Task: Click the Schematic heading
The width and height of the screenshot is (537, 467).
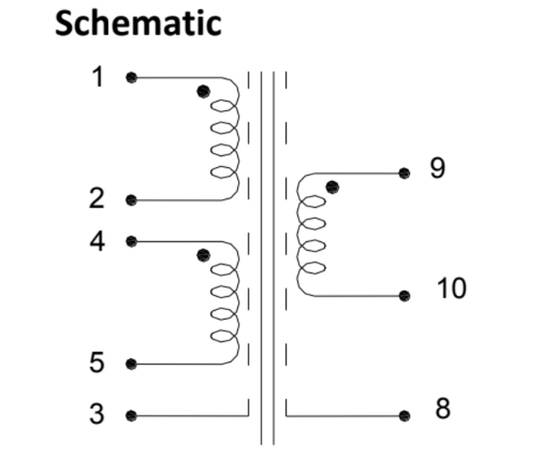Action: (x=138, y=22)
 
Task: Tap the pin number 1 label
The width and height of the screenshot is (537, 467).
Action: (x=98, y=77)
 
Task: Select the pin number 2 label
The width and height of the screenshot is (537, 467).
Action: (x=97, y=198)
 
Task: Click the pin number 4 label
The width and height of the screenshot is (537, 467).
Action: (x=97, y=241)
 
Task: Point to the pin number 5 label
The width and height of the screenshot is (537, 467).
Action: (x=97, y=362)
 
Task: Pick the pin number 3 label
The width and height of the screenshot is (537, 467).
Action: (x=97, y=413)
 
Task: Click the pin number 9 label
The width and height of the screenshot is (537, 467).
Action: (x=438, y=168)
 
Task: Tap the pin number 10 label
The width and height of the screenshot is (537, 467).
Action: (x=451, y=288)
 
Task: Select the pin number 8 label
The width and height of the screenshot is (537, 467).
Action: (x=443, y=408)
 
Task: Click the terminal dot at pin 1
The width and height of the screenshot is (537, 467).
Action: (x=131, y=78)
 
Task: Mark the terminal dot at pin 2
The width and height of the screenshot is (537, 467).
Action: (x=131, y=200)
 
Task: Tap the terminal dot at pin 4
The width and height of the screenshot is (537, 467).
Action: (x=131, y=241)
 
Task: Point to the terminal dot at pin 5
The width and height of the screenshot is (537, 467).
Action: (x=131, y=364)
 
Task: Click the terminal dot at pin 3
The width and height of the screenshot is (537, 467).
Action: (x=131, y=415)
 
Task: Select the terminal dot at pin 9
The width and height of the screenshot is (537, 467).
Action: (x=404, y=173)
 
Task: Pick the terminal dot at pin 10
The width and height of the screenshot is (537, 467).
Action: (x=404, y=295)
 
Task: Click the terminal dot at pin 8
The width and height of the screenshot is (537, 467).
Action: (x=404, y=415)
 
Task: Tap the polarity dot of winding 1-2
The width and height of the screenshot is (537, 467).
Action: (x=203, y=91)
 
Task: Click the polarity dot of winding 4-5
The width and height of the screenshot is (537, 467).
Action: (x=203, y=255)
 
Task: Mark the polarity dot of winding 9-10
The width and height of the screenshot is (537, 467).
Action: (x=332, y=187)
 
